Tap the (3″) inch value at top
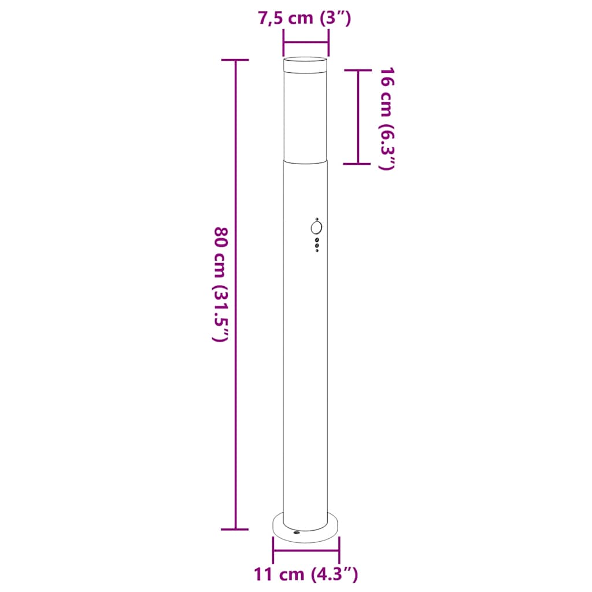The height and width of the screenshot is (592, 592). pyautogui.click(x=335, y=18)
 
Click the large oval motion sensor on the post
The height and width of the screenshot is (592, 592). pyautogui.click(x=316, y=228)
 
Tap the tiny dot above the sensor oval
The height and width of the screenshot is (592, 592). pyautogui.click(x=316, y=219)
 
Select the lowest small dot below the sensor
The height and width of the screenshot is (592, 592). pyautogui.click(x=316, y=250)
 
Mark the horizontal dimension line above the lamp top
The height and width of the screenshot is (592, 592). pyautogui.click(x=306, y=42)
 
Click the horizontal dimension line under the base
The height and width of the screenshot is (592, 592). pyautogui.click(x=306, y=550)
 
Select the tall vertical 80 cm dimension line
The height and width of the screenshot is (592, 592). pyautogui.click(x=235, y=289)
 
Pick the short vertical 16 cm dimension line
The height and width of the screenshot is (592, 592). pyautogui.click(x=358, y=116)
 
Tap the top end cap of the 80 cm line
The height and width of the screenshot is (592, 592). pyautogui.click(x=235, y=60)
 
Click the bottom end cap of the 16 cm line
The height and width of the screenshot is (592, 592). pyautogui.click(x=358, y=164)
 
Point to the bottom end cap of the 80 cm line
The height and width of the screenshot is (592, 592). pyautogui.click(x=235, y=529)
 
